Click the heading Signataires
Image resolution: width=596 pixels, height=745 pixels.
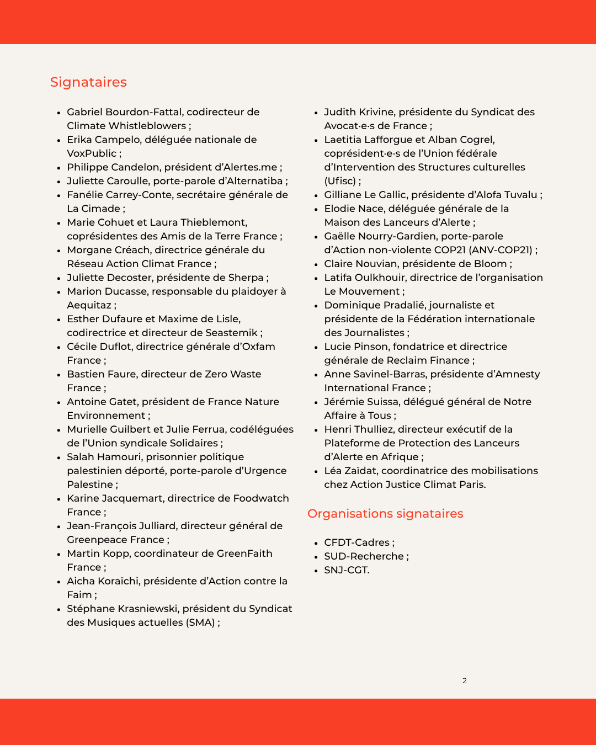88,82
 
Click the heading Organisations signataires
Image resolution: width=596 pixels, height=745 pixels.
385,514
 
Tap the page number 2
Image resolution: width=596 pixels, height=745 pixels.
465,680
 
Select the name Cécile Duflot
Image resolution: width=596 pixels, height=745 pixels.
100,347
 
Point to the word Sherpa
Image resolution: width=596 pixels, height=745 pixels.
246,278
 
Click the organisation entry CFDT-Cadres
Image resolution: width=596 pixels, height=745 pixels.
356,542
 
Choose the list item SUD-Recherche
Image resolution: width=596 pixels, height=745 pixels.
364,556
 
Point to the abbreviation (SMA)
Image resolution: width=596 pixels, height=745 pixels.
200,622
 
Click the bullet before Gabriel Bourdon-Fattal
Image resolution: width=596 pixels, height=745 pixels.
58,113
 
